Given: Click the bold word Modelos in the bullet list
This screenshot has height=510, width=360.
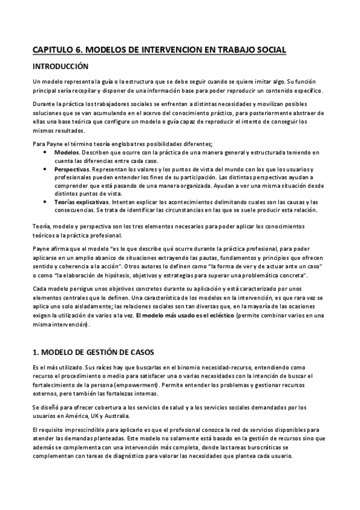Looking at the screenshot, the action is click(74, 153).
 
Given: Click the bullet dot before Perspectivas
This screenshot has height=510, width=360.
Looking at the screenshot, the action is click(47, 170).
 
